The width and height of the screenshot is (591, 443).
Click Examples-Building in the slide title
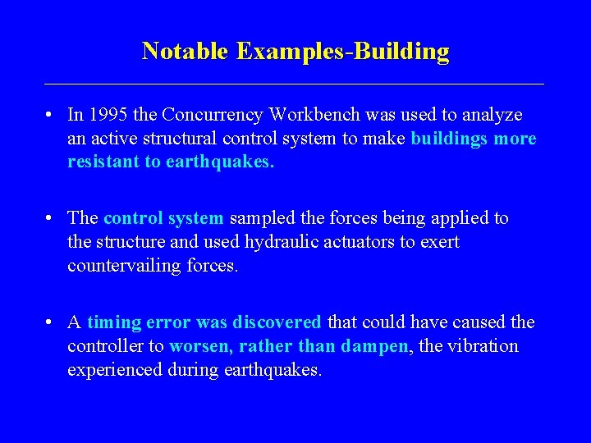click(343, 51)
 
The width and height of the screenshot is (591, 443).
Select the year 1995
click(108, 115)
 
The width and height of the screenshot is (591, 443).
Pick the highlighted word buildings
click(449, 139)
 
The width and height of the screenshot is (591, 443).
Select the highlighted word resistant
click(104, 162)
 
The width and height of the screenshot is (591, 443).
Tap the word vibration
click(486, 346)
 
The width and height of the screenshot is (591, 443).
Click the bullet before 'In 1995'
click(51, 116)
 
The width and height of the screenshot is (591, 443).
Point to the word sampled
click(260, 218)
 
